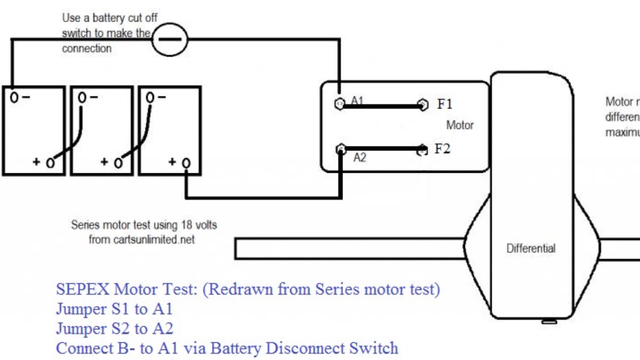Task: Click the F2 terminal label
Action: [442, 149]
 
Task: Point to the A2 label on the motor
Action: [359, 157]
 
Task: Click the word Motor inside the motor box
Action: [460, 125]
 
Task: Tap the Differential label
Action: [531, 249]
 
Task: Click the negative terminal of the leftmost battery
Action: [14, 97]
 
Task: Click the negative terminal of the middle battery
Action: [83, 97]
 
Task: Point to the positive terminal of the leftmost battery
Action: [49, 163]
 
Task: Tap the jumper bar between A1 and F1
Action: [381, 106]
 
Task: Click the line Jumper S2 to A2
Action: [115, 329]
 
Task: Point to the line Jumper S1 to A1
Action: [114, 310]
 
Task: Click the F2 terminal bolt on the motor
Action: [422, 149]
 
